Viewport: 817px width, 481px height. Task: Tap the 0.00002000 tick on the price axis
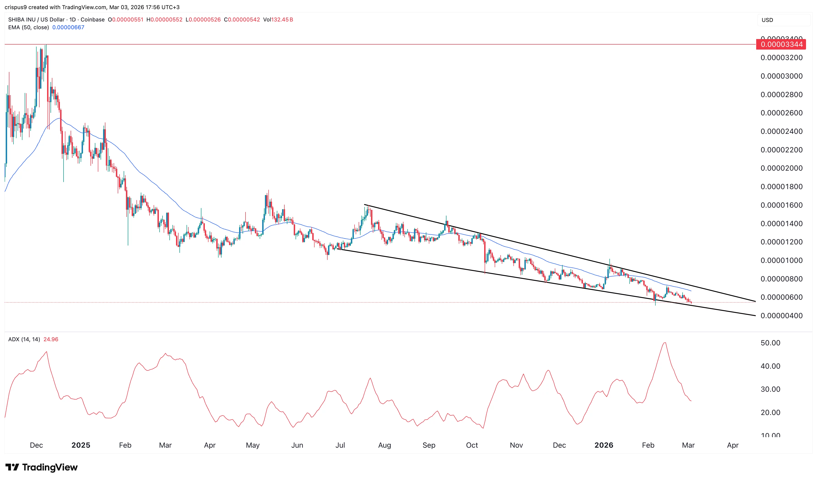[x=781, y=168]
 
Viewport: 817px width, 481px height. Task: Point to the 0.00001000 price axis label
[x=781, y=260]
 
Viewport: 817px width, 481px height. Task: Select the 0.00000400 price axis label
[x=781, y=316]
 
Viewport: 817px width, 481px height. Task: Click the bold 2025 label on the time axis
[x=81, y=445]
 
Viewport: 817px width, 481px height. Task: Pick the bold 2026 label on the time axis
[x=603, y=445]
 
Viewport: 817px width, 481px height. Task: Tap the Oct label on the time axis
[x=472, y=445]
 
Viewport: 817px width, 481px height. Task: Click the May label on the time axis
[x=253, y=445]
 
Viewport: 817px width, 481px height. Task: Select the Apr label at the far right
[x=733, y=445]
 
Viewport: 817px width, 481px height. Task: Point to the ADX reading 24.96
[x=51, y=339]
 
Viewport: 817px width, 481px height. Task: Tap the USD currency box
[x=767, y=20]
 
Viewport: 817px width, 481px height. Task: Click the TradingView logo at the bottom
[x=42, y=467]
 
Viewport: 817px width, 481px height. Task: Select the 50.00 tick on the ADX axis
[x=770, y=343]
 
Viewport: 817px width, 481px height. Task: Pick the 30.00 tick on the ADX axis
[x=770, y=389]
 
